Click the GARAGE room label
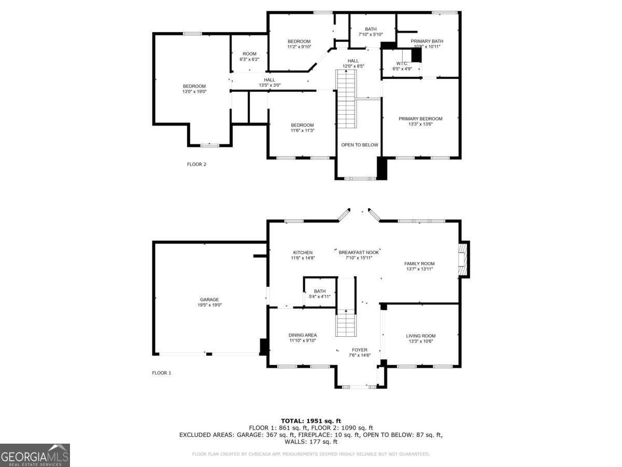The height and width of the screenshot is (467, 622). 209,299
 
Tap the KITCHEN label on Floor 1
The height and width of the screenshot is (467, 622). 303,253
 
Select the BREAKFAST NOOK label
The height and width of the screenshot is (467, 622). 359,252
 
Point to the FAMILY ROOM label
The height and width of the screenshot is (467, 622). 419,264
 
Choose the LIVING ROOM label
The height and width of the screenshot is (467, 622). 420,336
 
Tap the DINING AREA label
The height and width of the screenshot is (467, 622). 303,335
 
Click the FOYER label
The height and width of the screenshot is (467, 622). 359,350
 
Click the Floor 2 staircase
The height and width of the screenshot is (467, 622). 346,99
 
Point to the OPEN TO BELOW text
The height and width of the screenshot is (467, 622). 359,145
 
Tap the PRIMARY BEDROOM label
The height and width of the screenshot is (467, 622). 420,119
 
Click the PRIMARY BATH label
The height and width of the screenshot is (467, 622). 427,41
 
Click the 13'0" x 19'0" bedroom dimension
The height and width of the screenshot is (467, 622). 194,92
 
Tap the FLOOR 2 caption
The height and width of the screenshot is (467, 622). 196,164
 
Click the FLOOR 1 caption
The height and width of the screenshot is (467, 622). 161,373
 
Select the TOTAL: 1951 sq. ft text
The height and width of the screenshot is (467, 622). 310,421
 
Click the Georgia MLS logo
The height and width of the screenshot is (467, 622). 35,455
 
